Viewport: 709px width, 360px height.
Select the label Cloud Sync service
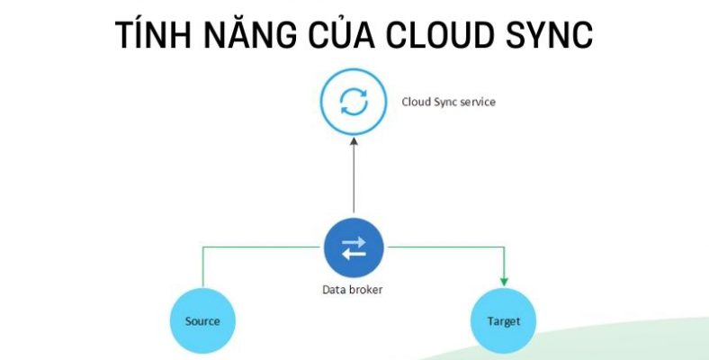click(x=448, y=102)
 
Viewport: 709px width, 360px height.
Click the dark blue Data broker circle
click(x=354, y=247)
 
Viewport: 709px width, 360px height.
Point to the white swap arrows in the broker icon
click(x=354, y=247)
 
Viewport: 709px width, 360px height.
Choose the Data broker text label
click(x=354, y=290)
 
